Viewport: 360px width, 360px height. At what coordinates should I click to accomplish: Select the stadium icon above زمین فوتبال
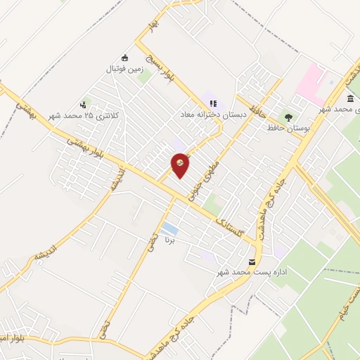(125, 58)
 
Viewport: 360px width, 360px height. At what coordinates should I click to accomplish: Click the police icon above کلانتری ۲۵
(84, 105)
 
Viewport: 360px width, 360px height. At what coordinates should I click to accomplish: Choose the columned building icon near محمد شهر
(350, 98)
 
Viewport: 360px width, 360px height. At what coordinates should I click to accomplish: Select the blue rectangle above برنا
(169, 229)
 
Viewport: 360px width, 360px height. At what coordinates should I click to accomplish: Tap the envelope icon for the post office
(252, 262)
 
